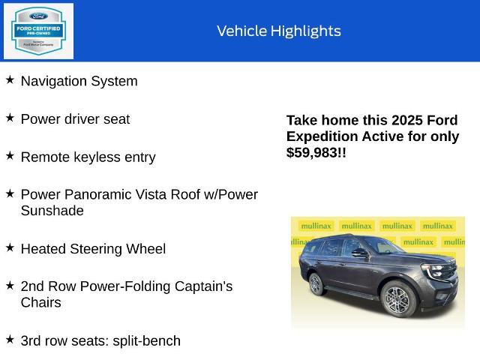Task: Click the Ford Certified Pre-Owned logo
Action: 38,31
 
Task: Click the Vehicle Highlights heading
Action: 278,31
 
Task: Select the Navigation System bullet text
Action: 79,81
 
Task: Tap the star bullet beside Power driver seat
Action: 10,118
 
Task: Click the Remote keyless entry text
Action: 88,157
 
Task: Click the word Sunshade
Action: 52,211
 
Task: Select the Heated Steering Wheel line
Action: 93,248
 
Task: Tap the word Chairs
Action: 40,302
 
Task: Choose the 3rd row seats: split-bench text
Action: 100,340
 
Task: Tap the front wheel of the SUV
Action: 396,299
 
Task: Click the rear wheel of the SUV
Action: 316,283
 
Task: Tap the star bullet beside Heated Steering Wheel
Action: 10,247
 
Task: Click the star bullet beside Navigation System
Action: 10,79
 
